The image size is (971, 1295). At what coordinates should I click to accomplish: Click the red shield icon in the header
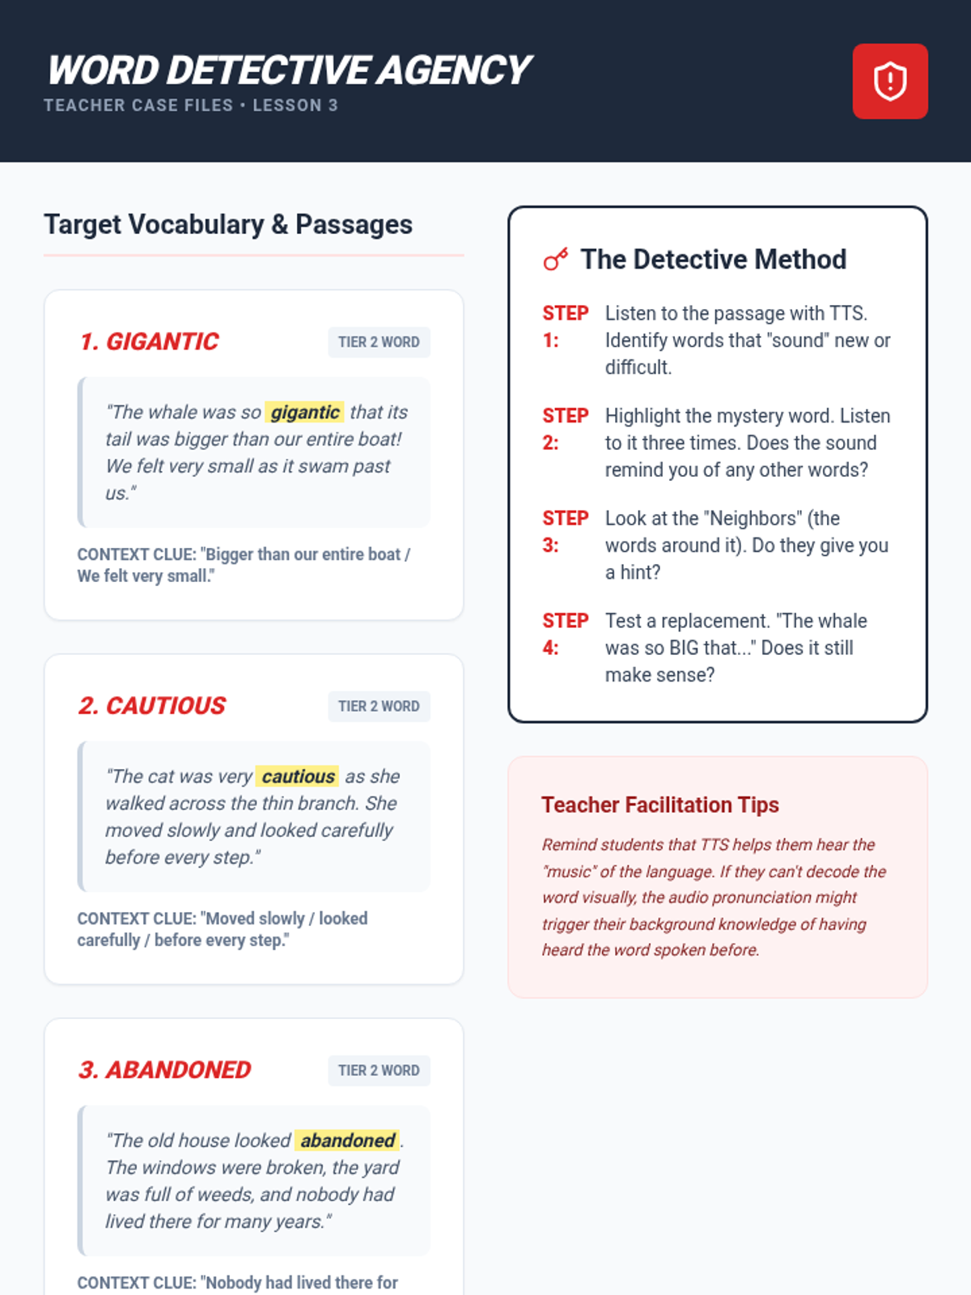(889, 82)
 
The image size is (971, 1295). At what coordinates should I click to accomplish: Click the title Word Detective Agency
(288, 70)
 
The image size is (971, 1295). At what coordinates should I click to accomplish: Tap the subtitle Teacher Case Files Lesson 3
(191, 105)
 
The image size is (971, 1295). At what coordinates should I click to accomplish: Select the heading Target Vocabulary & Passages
(228, 225)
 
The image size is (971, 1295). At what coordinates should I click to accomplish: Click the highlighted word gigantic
(305, 412)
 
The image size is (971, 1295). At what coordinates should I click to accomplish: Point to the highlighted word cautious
(298, 776)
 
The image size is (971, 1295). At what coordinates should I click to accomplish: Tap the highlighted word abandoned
(347, 1140)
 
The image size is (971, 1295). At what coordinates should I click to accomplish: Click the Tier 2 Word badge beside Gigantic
(379, 342)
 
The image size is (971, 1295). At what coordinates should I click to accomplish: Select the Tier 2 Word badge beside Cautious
(379, 707)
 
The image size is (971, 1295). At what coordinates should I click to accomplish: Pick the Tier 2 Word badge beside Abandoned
(379, 1070)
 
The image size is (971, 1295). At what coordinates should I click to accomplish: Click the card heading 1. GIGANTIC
(149, 342)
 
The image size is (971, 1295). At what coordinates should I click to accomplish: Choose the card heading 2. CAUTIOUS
(152, 706)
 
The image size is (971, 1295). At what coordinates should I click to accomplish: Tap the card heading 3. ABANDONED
(164, 1070)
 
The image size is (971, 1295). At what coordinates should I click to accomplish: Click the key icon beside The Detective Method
(555, 259)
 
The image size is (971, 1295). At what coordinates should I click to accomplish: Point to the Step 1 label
(565, 326)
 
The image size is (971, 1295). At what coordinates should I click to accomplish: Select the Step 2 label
(565, 429)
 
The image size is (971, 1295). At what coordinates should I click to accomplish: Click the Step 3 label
(565, 532)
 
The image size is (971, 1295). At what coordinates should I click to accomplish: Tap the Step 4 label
(565, 635)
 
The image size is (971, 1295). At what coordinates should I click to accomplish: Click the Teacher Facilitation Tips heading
(660, 805)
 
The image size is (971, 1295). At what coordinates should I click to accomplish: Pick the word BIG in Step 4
(684, 647)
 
